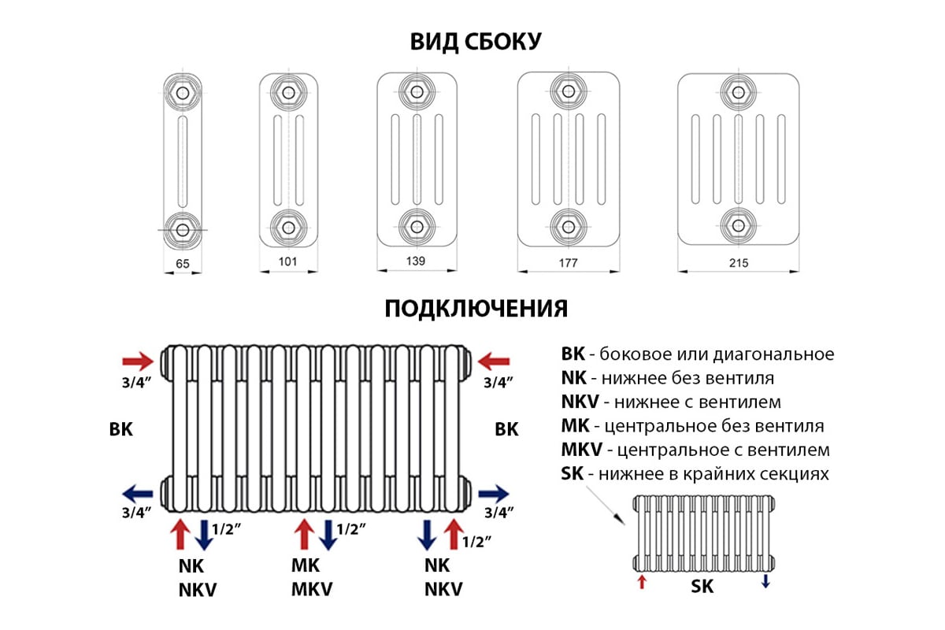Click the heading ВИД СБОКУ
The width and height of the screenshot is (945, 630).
tap(476, 42)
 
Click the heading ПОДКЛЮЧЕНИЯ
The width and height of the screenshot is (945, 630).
tap(476, 308)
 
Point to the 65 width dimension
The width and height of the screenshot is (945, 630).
tap(183, 264)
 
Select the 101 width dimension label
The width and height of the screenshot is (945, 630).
tap(288, 262)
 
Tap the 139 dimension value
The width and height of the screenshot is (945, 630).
tap(416, 261)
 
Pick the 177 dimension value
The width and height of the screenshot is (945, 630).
tap(567, 263)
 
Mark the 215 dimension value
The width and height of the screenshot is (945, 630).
tap(738, 263)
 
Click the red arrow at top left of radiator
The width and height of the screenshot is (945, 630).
tap(139, 361)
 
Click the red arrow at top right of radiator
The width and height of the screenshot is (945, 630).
tap(495, 361)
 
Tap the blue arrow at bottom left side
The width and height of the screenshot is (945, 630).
tap(139, 494)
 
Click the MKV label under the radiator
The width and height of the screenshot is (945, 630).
tap(312, 590)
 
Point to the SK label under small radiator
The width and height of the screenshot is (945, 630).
tap(702, 587)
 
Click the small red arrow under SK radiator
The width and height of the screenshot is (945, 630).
tap(642, 582)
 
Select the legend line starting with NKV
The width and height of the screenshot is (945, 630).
tap(671, 402)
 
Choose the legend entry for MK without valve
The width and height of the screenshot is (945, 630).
tap(692, 426)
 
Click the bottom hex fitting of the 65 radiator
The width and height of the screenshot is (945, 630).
tap(183, 229)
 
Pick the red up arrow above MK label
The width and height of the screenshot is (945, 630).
tap(304, 535)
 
